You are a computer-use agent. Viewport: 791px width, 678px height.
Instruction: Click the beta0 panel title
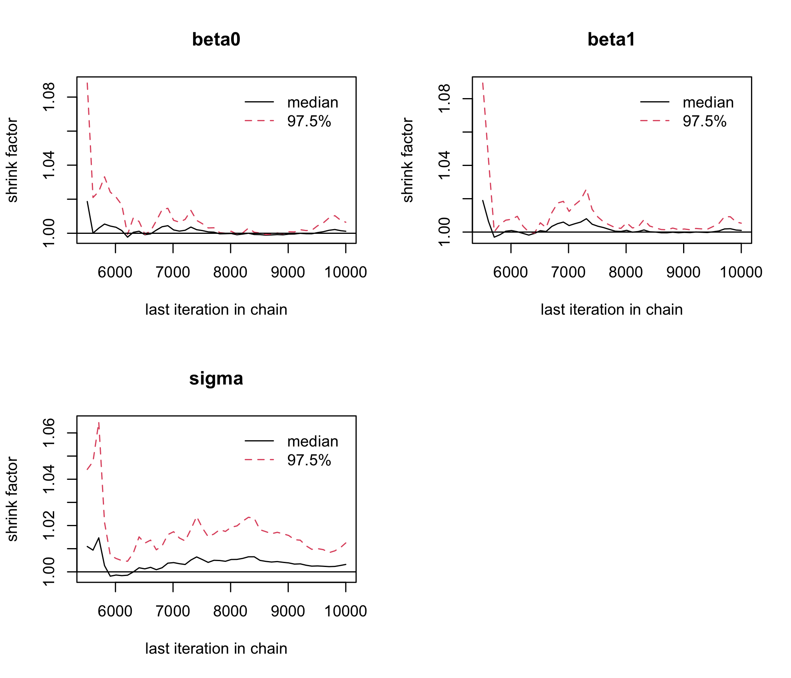tap(216, 40)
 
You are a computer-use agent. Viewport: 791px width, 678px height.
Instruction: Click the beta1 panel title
tap(611, 40)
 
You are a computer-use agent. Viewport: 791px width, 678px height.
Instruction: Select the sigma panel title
tap(216, 379)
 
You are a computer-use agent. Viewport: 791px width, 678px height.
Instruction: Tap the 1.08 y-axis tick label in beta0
tap(49, 97)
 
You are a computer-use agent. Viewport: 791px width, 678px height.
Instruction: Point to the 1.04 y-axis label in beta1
tap(445, 165)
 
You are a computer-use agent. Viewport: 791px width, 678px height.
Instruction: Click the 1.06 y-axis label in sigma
tap(49, 433)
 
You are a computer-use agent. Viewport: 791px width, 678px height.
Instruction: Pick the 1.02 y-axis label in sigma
tap(49, 525)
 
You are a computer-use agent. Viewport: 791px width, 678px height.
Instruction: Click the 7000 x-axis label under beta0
tap(173, 272)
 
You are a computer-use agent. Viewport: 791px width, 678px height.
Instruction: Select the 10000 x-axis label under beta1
tap(741, 272)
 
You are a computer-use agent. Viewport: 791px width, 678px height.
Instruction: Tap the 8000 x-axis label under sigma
tap(230, 611)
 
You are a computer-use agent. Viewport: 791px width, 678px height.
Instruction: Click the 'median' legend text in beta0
tap(313, 102)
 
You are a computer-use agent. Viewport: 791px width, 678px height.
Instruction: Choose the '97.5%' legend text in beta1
tap(704, 121)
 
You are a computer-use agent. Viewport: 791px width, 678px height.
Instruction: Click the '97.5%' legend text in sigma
tap(309, 460)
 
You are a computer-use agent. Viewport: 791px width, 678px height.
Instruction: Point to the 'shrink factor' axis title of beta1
tap(408, 160)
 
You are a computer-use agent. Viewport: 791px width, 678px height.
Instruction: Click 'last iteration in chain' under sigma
tap(216, 649)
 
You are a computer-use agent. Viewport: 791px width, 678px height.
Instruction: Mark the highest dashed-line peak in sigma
tap(98, 422)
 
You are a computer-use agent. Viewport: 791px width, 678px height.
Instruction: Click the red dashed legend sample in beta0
tap(259, 121)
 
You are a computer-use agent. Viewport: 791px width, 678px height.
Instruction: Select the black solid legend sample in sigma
tap(259, 441)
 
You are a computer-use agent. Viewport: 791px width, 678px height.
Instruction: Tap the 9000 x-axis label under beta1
tap(683, 272)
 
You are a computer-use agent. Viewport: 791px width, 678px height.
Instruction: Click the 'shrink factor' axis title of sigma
tap(13, 499)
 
